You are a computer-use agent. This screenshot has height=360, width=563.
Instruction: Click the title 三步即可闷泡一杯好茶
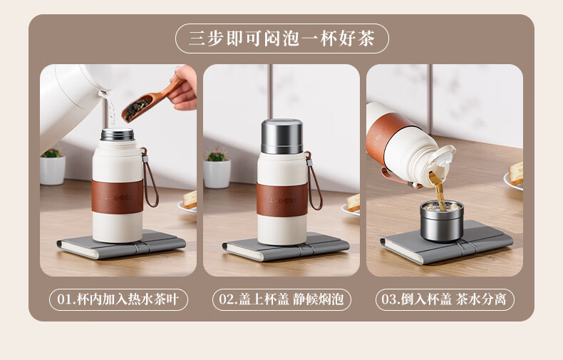click(282, 38)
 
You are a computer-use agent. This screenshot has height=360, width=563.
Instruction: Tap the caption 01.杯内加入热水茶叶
click(118, 299)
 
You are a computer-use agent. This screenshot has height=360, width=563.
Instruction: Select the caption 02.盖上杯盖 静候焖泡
click(281, 299)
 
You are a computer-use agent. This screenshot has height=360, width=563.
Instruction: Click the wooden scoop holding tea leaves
click(148, 101)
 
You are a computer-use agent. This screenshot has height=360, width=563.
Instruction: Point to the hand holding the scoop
click(184, 88)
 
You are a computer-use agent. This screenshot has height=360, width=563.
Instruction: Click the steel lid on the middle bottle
click(282, 137)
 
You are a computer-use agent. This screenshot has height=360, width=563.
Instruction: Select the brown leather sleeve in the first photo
click(118, 196)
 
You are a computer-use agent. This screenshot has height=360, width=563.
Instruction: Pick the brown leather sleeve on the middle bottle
click(282, 200)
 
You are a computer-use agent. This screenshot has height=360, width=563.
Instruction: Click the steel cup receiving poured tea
click(442, 221)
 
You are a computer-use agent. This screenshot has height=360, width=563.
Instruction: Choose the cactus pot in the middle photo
click(217, 170)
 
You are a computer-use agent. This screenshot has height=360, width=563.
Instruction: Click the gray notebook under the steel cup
click(446, 244)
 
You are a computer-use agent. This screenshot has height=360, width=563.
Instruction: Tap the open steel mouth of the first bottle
click(118, 134)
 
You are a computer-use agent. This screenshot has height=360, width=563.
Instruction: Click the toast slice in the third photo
click(517, 173)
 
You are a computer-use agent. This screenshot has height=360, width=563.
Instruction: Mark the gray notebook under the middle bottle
click(286, 247)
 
